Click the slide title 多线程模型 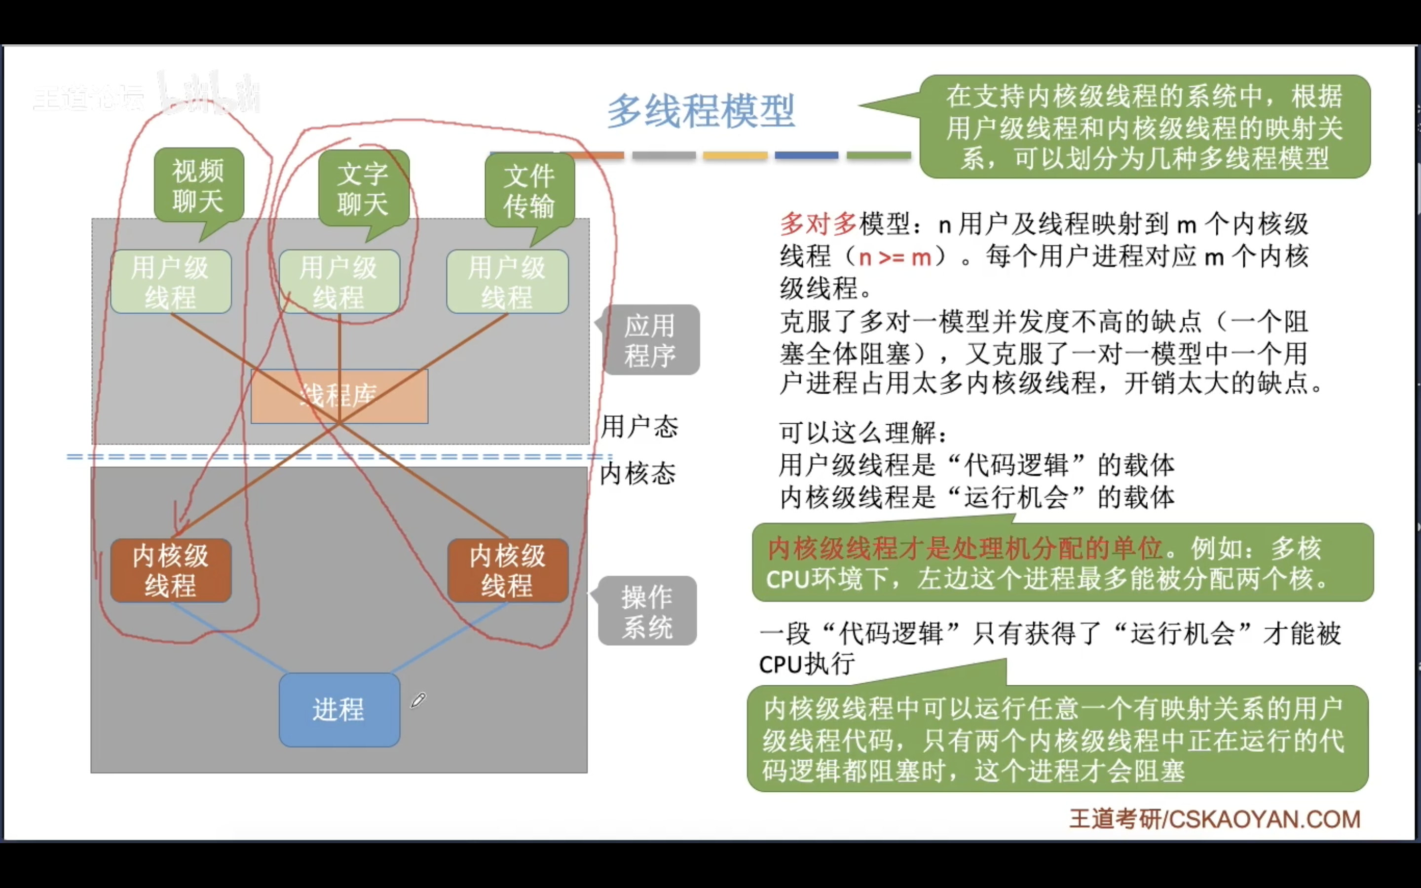(701, 111)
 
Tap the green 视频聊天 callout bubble (198, 185)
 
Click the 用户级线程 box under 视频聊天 (171, 282)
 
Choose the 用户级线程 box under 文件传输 (507, 282)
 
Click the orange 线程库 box (339, 396)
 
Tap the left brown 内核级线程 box (171, 570)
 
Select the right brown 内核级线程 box (508, 570)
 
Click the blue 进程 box (339, 709)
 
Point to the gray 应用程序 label (650, 340)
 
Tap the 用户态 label (639, 426)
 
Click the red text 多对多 (818, 224)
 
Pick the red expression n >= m (895, 257)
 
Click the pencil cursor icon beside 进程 (418, 700)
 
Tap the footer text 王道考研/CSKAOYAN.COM (1214, 819)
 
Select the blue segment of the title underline (806, 155)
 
